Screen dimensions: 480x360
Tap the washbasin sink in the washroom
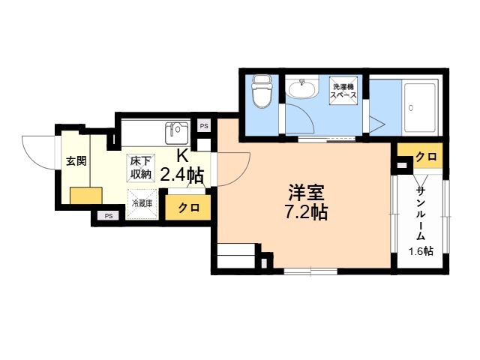coord(302,88)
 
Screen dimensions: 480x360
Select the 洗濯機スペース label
coord(343,91)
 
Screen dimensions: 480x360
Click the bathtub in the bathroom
coord(420,107)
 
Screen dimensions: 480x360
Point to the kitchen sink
coord(177,133)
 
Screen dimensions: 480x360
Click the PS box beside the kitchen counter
coord(204,126)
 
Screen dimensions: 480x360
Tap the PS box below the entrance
coord(109,216)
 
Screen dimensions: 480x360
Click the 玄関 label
coord(76,160)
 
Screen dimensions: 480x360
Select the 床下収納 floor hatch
coord(142,168)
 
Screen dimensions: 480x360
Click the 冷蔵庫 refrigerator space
coord(142,204)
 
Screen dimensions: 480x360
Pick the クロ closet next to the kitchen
coord(188,208)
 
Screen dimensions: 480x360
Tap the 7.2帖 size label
coord(306,212)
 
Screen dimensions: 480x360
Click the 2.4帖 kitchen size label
coord(181,175)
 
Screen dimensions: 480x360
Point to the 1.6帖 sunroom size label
coord(421,251)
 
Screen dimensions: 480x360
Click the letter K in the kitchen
coord(182,156)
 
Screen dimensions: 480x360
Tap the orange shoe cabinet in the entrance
coord(86,196)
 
